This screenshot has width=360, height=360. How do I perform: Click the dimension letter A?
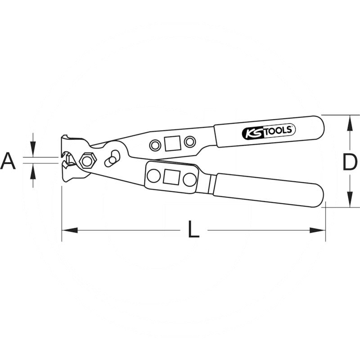coord(8,161)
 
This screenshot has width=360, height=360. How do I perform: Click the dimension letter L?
coord(193,231)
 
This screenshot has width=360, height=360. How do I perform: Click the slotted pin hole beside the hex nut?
coord(112,159)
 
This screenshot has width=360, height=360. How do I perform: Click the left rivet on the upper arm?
coord(155,145)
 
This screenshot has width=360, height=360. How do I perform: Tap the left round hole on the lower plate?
coord(153,176)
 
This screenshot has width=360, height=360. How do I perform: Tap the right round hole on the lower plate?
coord(189,179)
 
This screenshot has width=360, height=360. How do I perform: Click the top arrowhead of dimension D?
coord(349,120)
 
